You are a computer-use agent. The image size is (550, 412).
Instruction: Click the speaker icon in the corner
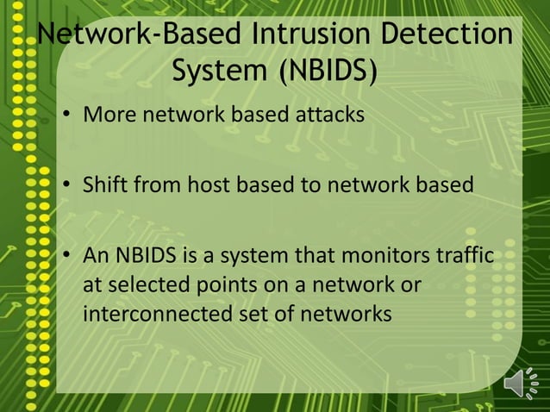point(520,383)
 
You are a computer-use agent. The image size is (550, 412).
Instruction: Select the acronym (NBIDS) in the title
point(327,72)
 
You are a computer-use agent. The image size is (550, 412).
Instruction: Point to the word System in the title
point(219,72)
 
